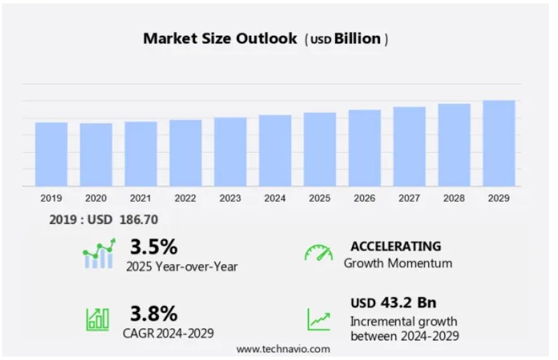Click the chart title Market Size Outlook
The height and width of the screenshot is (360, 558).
[x=220, y=39]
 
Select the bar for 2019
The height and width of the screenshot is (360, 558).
[x=50, y=154]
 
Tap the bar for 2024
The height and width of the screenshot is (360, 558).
[x=275, y=151]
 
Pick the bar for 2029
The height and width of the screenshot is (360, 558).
[x=498, y=143]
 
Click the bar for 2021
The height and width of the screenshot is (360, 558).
[x=140, y=153]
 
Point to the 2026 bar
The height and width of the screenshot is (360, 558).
[x=365, y=148]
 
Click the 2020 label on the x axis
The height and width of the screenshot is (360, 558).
[x=95, y=198]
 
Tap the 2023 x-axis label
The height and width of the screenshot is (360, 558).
[x=230, y=198]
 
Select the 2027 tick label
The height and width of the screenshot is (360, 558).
[x=409, y=198]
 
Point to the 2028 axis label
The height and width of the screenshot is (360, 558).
[x=454, y=198]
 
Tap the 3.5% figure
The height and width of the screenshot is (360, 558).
[x=154, y=247]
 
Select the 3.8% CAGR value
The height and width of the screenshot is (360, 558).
[x=154, y=312]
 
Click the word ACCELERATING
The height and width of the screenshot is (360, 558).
[x=396, y=246]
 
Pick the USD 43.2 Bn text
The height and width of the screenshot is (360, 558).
[x=393, y=303]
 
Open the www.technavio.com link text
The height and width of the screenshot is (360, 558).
[x=283, y=349]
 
